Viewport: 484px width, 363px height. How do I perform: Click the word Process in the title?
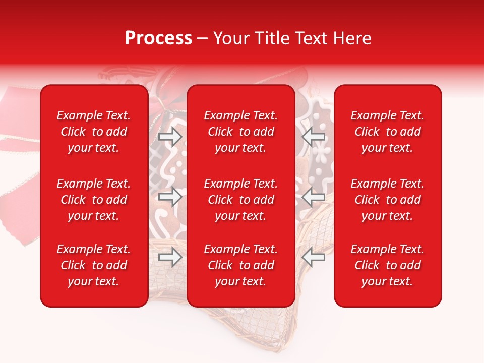coord(158,38)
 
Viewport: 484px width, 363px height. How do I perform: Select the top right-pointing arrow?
coord(170,136)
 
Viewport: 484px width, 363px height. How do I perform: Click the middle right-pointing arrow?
coord(170,196)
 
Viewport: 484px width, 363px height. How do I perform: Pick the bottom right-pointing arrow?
coord(170,257)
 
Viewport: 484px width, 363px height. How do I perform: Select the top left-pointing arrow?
coord(313,136)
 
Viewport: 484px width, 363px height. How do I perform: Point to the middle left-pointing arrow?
coord(313,196)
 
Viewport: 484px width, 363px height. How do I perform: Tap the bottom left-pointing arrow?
coord(313,257)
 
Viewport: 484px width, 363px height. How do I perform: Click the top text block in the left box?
coord(94,132)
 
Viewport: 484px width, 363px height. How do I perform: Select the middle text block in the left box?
coord(94,200)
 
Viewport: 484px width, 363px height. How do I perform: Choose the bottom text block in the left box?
coord(94,265)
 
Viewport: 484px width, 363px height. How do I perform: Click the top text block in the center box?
coord(241,132)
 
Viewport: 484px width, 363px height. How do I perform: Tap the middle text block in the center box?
coord(241,200)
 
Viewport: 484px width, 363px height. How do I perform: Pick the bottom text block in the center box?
coord(241,265)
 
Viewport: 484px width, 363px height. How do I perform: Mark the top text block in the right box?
coord(388,132)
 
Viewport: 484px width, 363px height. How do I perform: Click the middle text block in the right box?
coord(388,200)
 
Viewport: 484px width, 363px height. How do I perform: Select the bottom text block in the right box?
coord(388,265)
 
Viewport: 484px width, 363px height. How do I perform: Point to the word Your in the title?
coord(231,38)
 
